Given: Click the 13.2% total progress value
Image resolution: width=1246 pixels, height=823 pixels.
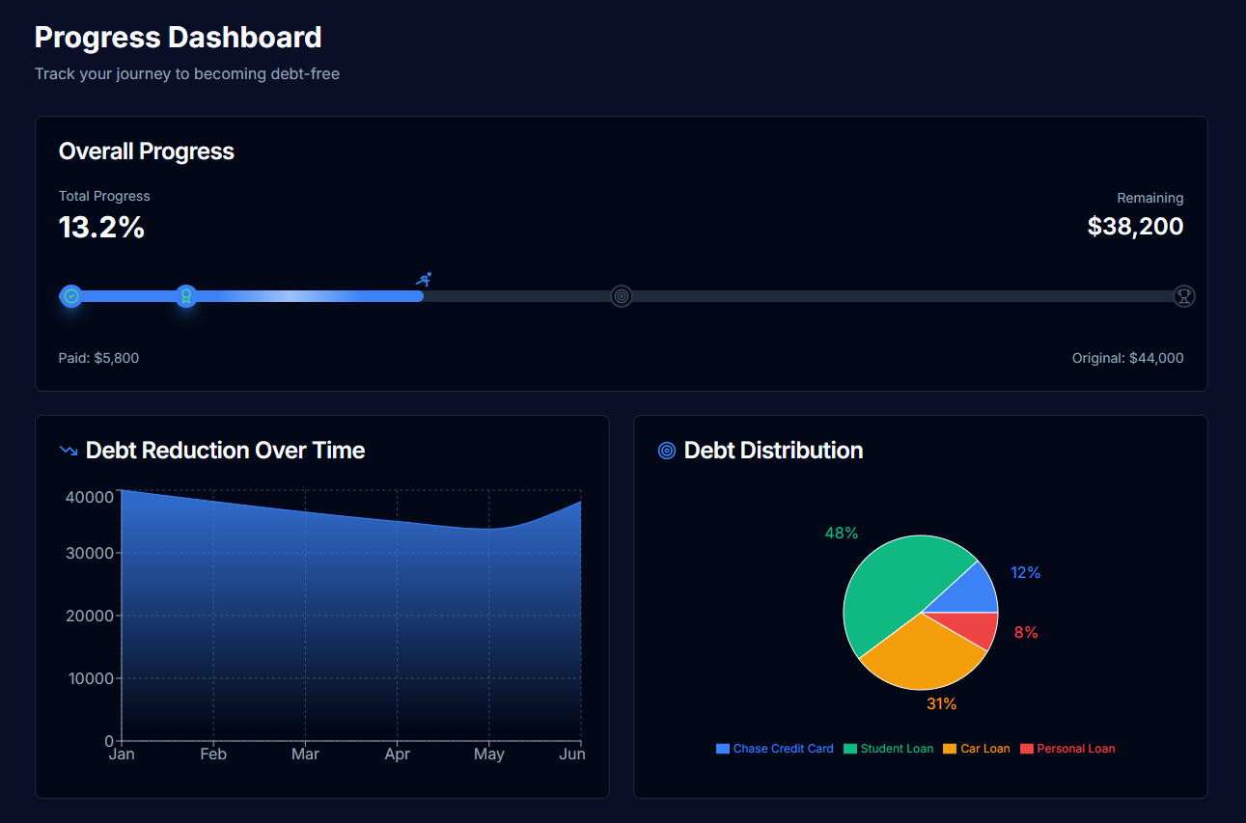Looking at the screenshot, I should [x=101, y=228].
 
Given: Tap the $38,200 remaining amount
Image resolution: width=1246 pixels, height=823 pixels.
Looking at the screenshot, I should [x=1135, y=227].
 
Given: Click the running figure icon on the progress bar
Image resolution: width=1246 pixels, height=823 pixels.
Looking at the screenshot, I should [x=424, y=279].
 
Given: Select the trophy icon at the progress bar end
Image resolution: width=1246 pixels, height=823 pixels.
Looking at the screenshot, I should [x=1184, y=296].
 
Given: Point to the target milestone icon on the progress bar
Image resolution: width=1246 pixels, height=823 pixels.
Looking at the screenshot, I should [x=622, y=296].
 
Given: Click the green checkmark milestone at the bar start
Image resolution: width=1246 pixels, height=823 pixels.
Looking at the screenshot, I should [x=70, y=296].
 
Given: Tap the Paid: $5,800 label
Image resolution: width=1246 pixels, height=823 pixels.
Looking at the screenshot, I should [x=98, y=358].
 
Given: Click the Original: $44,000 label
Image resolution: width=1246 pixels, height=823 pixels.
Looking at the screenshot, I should [x=1127, y=358].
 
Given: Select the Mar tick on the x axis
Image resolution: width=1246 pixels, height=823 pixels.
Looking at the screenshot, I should [x=305, y=754].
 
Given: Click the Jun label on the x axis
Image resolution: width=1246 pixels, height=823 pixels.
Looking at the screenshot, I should [x=572, y=754].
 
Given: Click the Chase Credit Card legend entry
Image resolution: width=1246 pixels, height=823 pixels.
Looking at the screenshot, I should [x=774, y=749].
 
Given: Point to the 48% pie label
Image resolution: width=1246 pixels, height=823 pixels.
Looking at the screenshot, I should [x=842, y=534].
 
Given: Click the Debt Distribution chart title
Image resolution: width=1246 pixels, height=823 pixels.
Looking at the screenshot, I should [x=773, y=451].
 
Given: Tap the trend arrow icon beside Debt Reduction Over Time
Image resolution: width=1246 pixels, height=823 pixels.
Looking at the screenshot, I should [x=69, y=451].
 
